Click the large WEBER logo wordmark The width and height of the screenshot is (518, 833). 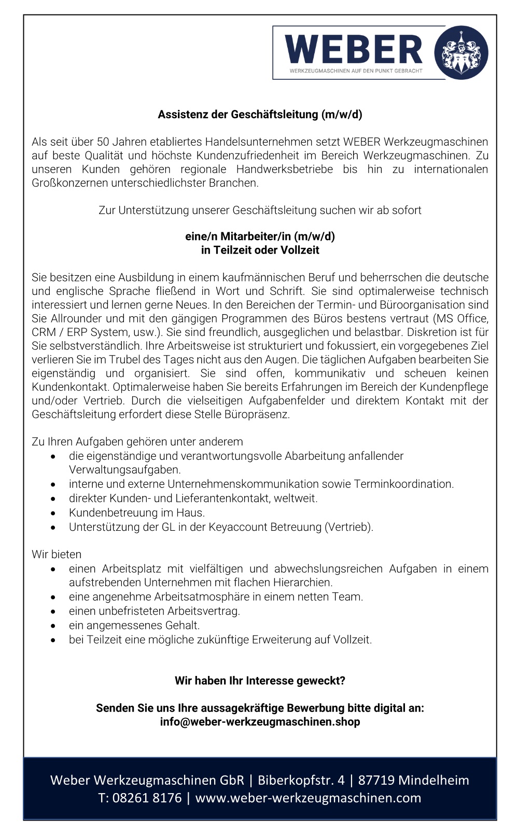pyautogui.click(x=354, y=49)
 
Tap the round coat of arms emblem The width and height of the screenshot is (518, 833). pyautogui.click(x=461, y=52)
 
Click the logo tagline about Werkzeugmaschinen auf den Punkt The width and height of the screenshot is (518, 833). pyautogui.click(x=356, y=71)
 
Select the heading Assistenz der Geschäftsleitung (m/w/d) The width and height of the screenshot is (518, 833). pyautogui.click(x=260, y=115)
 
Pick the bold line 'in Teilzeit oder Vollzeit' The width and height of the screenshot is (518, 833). pyautogui.click(x=260, y=250)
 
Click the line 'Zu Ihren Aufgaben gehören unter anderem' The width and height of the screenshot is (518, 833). pyautogui.click(x=137, y=442)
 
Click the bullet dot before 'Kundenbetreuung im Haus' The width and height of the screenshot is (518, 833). pyautogui.click(x=53, y=513)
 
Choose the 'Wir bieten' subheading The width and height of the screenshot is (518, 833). pyautogui.click(x=57, y=554)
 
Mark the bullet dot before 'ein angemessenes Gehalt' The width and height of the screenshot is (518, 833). pyautogui.click(x=53, y=626)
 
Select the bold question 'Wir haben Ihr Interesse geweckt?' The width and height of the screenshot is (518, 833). pyautogui.click(x=260, y=681)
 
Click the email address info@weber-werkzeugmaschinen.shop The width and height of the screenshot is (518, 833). pyautogui.click(x=260, y=722)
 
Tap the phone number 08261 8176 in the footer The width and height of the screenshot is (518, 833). pyautogui.click(x=147, y=798)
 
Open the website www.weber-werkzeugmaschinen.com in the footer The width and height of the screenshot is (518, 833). pyautogui.click(x=308, y=798)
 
